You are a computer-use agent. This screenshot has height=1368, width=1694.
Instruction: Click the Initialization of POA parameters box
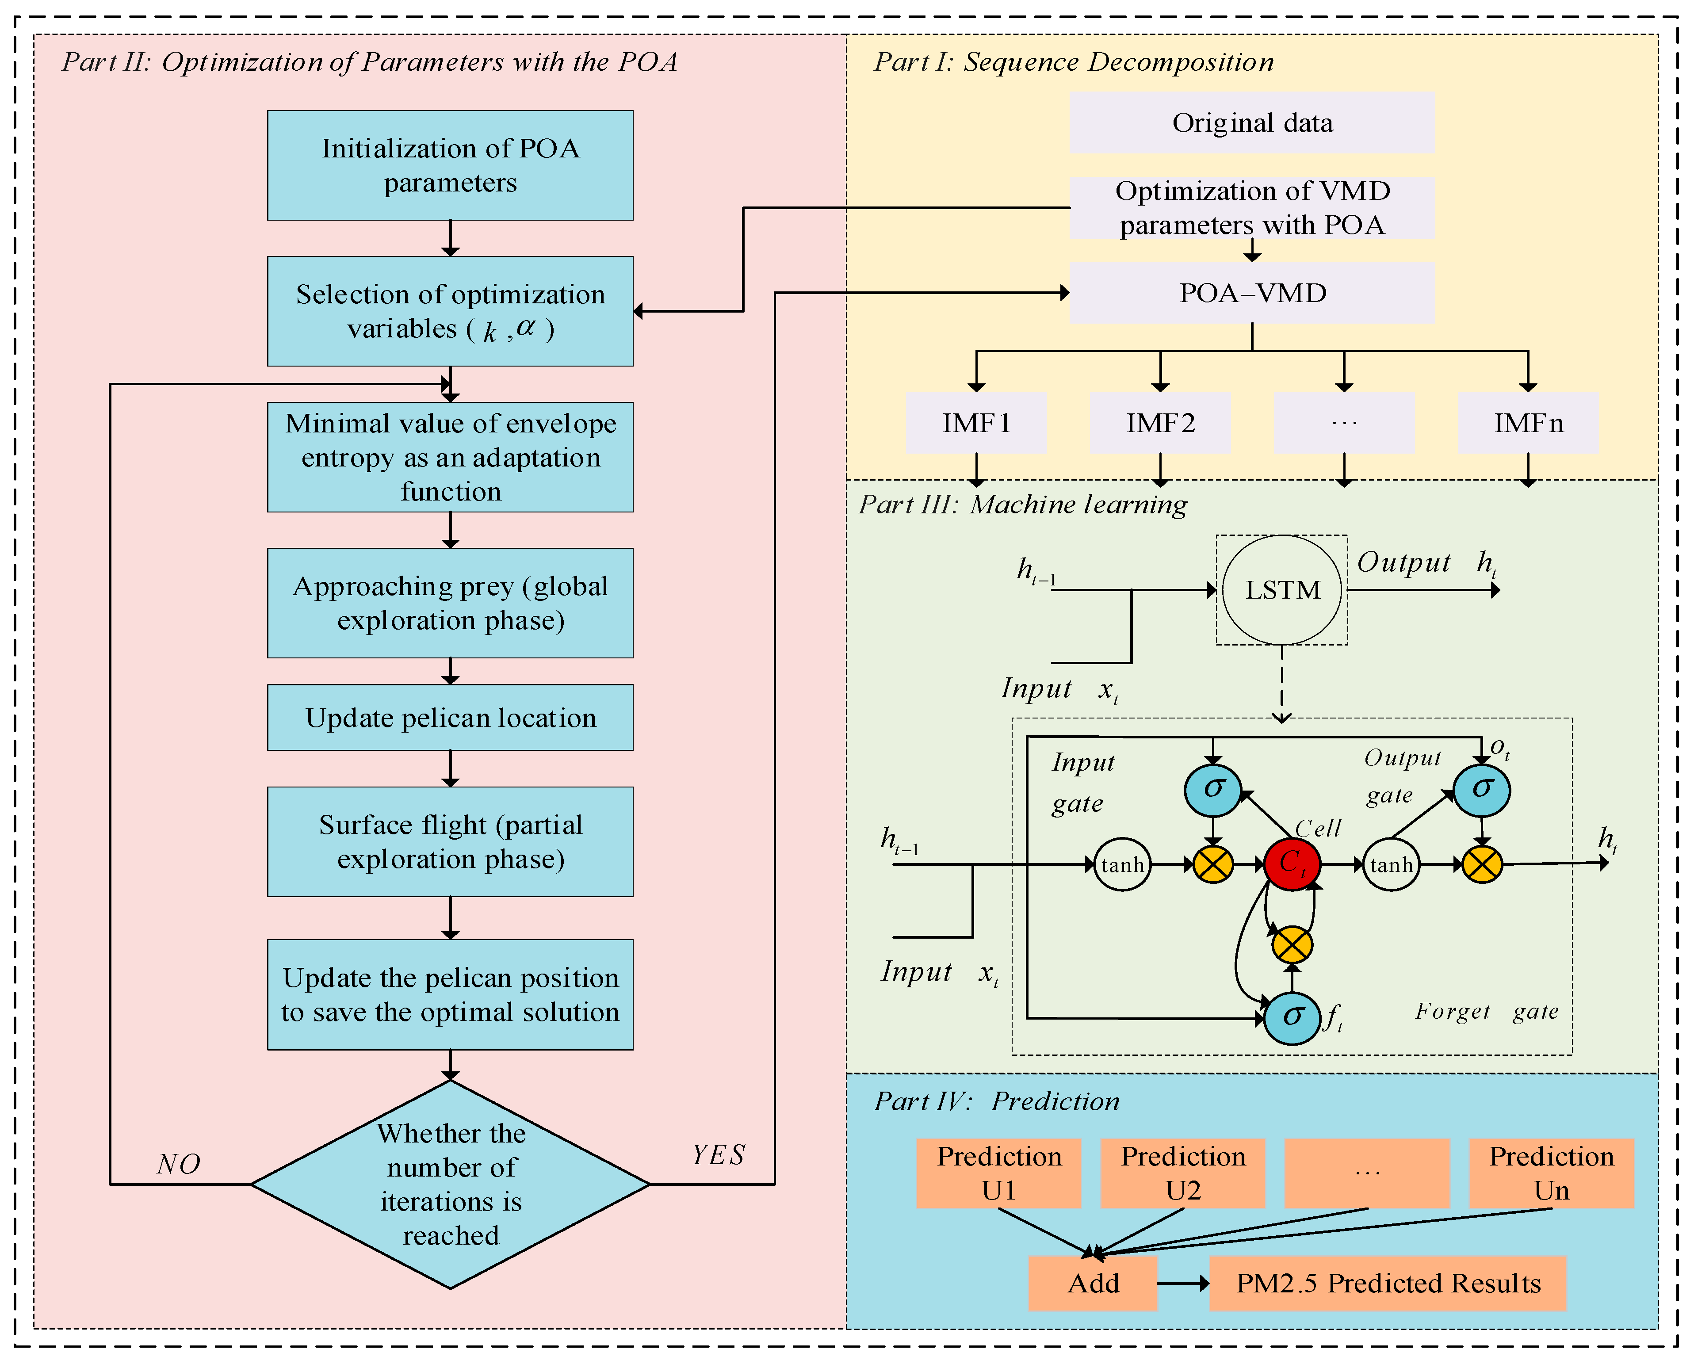pos(450,165)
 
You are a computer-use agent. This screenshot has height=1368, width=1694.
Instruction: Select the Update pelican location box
pos(450,718)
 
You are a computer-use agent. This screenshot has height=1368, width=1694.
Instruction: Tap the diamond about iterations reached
pos(450,1184)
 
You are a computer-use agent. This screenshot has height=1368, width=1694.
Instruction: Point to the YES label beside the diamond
pos(718,1155)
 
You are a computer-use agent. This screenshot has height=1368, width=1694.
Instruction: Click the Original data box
pos(1251,123)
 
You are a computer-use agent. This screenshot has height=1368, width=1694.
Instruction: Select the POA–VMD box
pos(1251,293)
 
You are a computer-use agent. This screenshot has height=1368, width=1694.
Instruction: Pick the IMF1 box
pos(976,423)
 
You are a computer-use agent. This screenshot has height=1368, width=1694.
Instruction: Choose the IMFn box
pos(1528,423)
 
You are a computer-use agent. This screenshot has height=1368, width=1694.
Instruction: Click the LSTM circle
pos(1282,590)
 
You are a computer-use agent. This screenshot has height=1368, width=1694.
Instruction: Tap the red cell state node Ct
pos(1291,864)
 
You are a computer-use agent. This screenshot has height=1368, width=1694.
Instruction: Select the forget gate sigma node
pos(1291,1017)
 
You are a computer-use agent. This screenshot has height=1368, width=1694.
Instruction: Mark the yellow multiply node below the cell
pos(1291,944)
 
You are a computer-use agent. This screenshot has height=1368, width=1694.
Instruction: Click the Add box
pos(1093,1284)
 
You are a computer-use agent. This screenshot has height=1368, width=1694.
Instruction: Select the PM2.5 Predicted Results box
pos(1388,1284)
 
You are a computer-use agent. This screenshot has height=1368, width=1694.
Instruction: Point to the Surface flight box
pos(450,841)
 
